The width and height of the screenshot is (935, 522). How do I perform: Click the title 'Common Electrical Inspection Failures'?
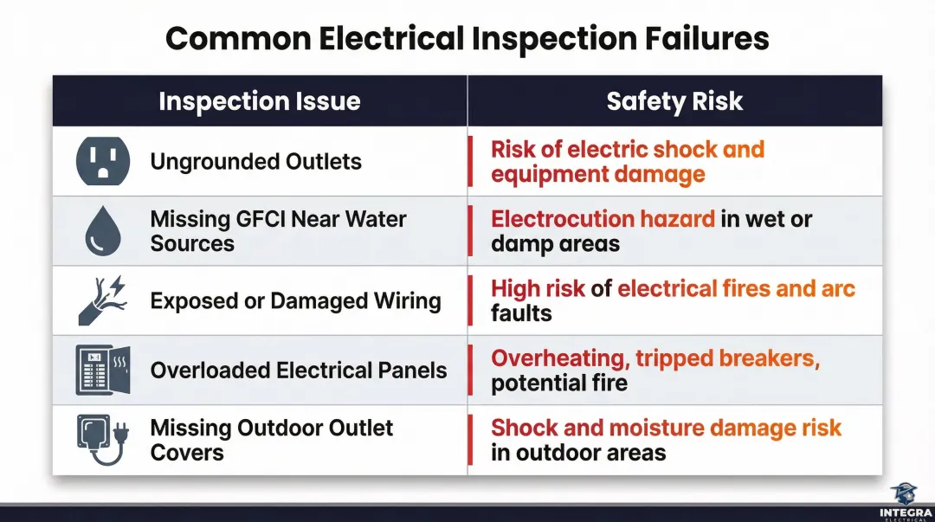tap(467, 39)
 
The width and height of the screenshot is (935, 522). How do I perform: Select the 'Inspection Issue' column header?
tap(259, 101)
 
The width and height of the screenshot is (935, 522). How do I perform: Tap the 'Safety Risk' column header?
tap(674, 101)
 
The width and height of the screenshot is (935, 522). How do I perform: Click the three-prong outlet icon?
tap(103, 162)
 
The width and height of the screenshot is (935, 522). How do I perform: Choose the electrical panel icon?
tap(103, 371)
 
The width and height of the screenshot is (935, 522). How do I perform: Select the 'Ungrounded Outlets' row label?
tap(255, 162)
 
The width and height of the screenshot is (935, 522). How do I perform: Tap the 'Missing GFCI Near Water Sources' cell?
tap(278, 231)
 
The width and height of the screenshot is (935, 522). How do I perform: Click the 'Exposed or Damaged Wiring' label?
tap(295, 301)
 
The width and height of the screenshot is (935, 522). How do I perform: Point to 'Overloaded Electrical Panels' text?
tap(299, 371)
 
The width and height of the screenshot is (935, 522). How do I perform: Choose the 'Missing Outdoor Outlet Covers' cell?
tap(271, 440)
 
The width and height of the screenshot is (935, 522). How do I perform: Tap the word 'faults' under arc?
tap(521, 313)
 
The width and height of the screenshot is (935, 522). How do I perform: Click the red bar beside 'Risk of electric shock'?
tap(470, 162)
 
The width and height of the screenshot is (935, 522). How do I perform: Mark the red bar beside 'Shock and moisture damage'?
tap(470, 440)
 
